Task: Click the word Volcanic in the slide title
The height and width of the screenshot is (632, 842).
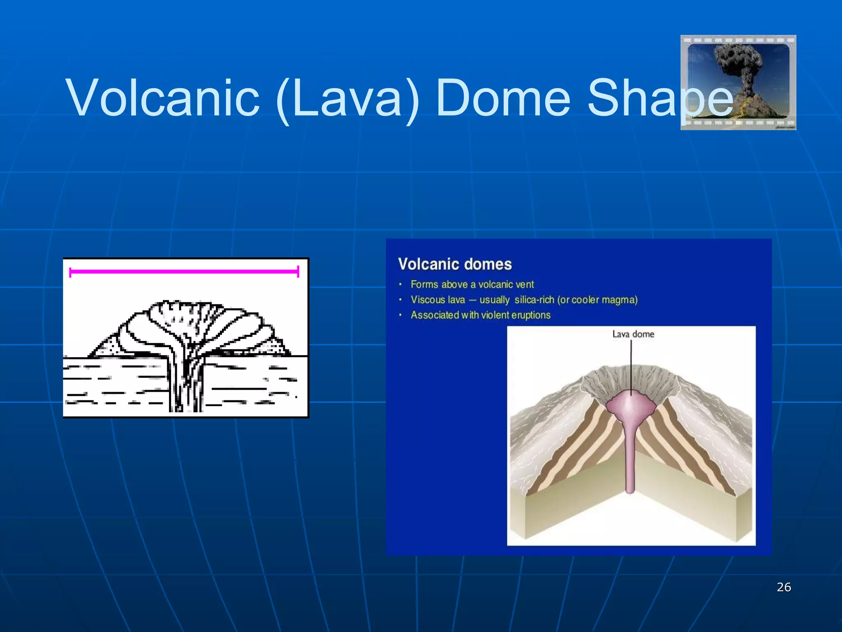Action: pos(163,98)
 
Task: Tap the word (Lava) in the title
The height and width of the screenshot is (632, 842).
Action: pos(348,98)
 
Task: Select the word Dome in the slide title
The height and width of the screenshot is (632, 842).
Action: pos(502,98)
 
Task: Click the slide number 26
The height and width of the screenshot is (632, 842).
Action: pos(784,587)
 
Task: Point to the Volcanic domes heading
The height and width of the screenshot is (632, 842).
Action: pos(455,264)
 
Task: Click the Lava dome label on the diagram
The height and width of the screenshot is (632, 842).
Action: pos(633,334)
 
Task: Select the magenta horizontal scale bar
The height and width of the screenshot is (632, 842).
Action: pos(184,272)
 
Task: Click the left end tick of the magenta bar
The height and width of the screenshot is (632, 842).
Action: pos(70,272)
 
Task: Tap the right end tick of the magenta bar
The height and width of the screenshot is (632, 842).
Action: pos(298,272)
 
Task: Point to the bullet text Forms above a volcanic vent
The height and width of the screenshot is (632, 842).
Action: pos(472,284)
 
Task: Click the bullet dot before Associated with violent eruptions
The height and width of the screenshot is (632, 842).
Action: pos(400,315)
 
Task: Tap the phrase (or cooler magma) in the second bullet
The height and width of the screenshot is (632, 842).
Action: pos(597,300)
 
